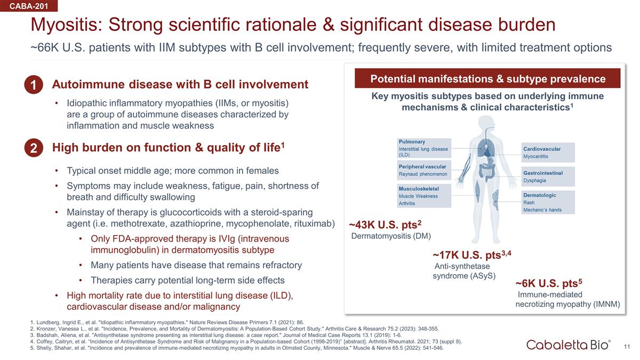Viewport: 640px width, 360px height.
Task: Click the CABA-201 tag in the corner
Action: (x=29, y=6)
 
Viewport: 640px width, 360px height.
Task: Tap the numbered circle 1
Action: (x=34, y=85)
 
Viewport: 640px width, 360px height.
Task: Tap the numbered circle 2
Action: (x=34, y=148)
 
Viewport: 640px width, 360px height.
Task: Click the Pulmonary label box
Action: (x=424, y=148)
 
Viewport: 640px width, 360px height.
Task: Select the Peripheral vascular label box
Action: (x=424, y=170)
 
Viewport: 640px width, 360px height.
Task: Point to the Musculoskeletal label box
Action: (x=424, y=196)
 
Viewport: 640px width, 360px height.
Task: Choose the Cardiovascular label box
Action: (x=548, y=153)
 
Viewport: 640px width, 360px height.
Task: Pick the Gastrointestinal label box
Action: (x=548, y=177)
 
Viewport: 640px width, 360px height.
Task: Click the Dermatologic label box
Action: (x=548, y=202)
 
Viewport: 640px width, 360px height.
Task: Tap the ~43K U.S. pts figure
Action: (x=385, y=225)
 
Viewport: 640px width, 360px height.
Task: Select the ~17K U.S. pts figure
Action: (x=471, y=254)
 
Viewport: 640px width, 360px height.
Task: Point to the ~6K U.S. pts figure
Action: (x=549, y=283)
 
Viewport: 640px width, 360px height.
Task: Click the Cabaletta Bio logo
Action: (x=569, y=345)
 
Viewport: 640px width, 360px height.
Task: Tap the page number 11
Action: (x=627, y=347)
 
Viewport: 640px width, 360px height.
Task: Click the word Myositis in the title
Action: (x=67, y=25)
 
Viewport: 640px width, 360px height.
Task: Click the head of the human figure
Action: (x=486, y=123)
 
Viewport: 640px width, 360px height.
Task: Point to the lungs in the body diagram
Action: (x=486, y=147)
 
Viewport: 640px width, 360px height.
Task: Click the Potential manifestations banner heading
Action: (x=487, y=78)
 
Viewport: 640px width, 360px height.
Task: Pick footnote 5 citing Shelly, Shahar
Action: (x=237, y=348)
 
